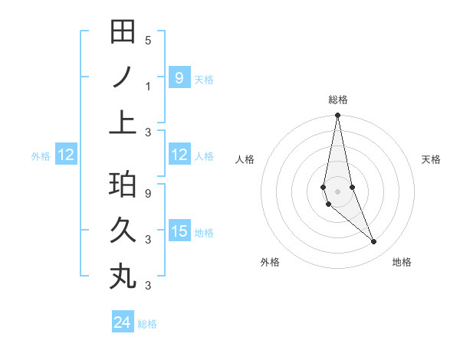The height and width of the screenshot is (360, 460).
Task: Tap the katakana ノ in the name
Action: pyautogui.click(x=123, y=77)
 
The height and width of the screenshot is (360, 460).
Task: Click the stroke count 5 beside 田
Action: pyautogui.click(x=148, y=41)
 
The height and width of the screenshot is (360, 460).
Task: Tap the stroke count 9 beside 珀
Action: pyautogui.click(x=148, y=194)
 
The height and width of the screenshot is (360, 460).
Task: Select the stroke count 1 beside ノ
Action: pyautogui.click(x=148, y=87)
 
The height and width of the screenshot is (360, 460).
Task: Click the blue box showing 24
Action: pyautogui.click(x=123, y=322)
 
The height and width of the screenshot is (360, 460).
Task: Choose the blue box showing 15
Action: pyautogui.click(x=179, y=231)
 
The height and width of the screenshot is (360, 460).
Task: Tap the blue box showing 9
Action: pyautogui.click(x=179, y=77)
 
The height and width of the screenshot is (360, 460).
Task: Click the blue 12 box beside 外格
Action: pyautogui.click(x=66, y=155)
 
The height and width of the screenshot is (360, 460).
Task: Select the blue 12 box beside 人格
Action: pyautogui.click(x=179, y=155)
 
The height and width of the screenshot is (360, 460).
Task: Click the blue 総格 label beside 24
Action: pyautogui.click(x=147, y=324)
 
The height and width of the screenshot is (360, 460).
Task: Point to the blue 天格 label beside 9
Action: pyautogui.click(x=204, y=79)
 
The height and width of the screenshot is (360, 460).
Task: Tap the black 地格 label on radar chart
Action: pyautogui.click(x=402, y=262)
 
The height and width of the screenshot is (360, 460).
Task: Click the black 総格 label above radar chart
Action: pyautogui.click(x=337, y=100)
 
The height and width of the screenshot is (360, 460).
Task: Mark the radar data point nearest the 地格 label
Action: pyautogui.click(x=374, y=242)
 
